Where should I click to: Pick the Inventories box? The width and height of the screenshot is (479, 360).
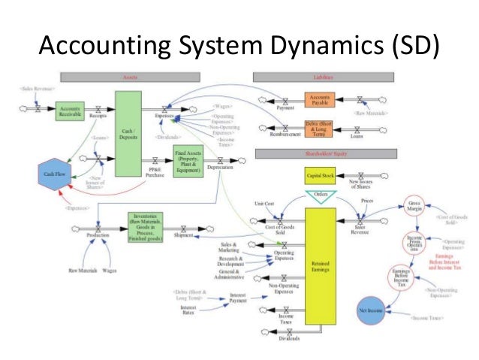tap(143, 223)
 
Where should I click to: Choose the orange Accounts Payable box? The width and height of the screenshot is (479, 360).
tap(319, 100)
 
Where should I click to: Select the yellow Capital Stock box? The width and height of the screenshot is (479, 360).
tap(319, 175)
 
